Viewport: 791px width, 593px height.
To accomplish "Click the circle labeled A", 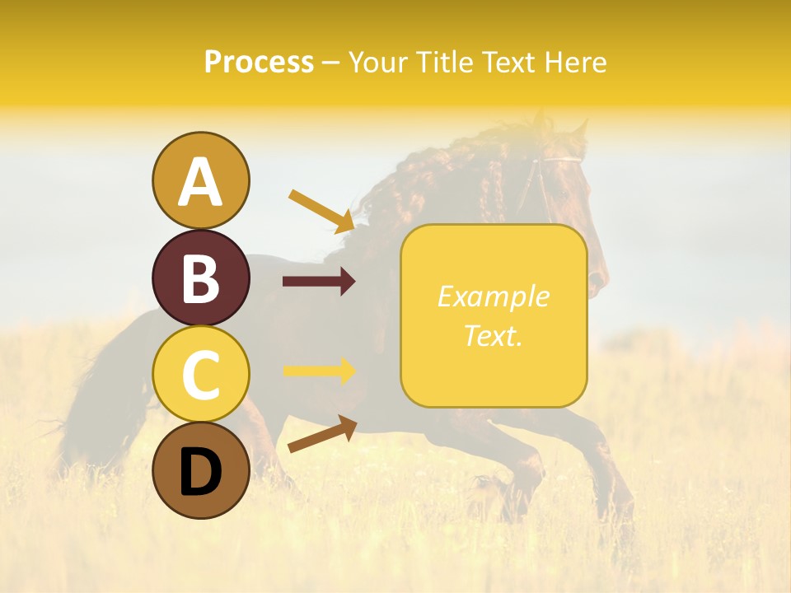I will tap(200, 180).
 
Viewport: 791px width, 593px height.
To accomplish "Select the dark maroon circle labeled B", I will tap(200, 278).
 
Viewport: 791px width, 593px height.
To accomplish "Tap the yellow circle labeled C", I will tap(200, 374).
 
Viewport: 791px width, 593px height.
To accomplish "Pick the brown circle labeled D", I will tap(200, 471).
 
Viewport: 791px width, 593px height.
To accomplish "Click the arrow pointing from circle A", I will tap(321, 209).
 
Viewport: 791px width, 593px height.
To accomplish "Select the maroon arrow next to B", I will tap(319, 282).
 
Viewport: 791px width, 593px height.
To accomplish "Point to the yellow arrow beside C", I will tap(319, 371).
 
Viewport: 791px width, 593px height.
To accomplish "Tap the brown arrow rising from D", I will tap(321, 434).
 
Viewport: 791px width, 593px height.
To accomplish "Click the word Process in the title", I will tap(259, 62).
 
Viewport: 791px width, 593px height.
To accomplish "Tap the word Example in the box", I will tap(493, 296).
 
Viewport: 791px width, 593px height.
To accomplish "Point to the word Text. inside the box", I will tap(493, 336).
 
